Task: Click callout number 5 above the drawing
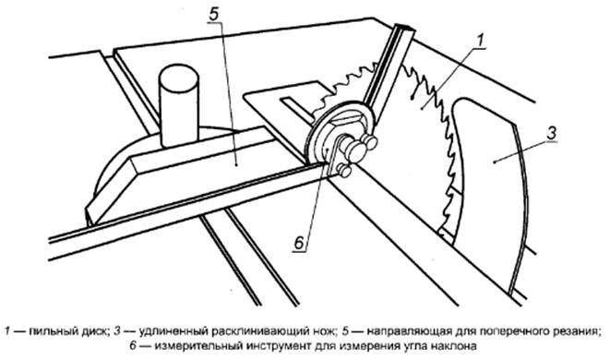pyautogui.click(x=214, y=15)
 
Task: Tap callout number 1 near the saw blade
pyautogui.click(x=481, y=40)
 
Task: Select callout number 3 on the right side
pyautogui.click(x=552, y=134)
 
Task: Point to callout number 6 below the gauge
pyautogui.click(x=299, y=244)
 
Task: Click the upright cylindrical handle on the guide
pyautogui.click(x=178, y=105)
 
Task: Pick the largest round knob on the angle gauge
pyautogui.click(x=355, y=151)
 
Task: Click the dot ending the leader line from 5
pyautogui.click(x=236, y=165)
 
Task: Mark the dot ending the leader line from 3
pyautogui.click(x=494, y=162)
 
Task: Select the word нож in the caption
pyautogui.click(x=324, y=331)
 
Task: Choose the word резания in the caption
pyautogui.click(x=578, y=332)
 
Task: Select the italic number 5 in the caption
pyautogui.click(x=346, y=331)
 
